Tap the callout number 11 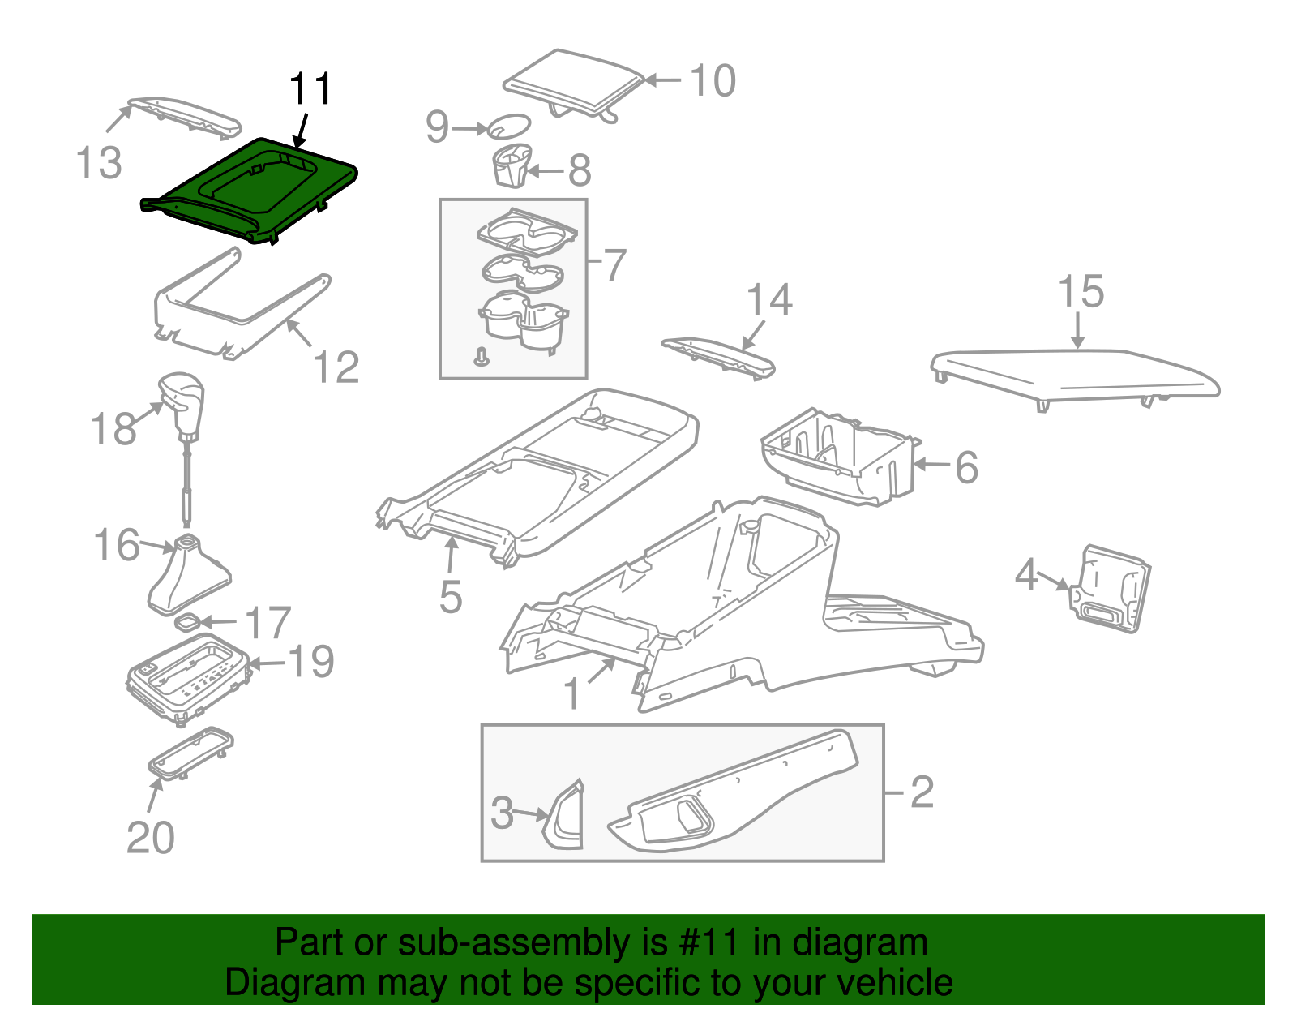coord(310,89)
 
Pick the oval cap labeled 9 coord(509,126)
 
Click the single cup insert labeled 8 coord(512,165)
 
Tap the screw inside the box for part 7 coord(481,356)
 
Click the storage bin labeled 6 coord(841,457)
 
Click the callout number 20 coord(151,838)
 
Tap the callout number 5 coord(451,596)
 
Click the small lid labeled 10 coord(574,84)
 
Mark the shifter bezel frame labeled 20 coord(190,753)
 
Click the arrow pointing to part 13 coord(119,118)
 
